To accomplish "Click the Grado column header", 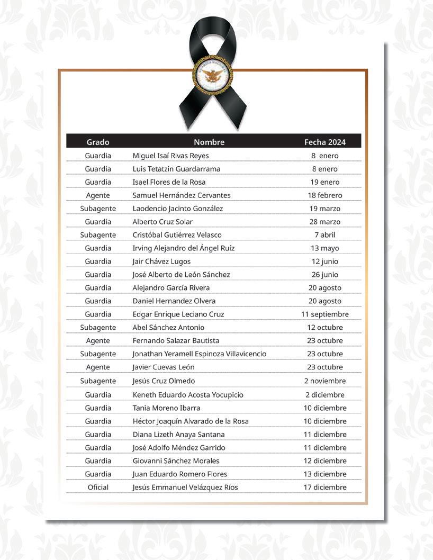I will [x=98, y=142].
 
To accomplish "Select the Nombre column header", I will [x=209, y=142].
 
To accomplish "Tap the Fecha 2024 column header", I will [x=325, y=142].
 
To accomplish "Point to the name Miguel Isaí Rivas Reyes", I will [x=170, y=156].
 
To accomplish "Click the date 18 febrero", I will [x=325, y=195].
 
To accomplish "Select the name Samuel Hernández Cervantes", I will [x=181, y=195].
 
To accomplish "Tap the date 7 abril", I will [x=325, y=235].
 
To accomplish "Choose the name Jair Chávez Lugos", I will [x=161, y=261].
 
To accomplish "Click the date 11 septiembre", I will [x=325, y=314].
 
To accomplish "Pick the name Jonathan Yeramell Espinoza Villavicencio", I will [x=199, y=354].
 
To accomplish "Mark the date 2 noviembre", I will [x=325, y=381].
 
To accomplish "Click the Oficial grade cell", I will [x=98, y=487].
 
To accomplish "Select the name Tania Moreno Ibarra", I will [x=166, y=408].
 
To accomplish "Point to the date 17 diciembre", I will [x=325, y=487].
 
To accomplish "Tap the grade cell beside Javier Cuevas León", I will [x=98, y=367].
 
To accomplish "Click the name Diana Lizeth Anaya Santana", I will [x=178, y=435].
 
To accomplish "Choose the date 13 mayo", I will [x=325, y=248].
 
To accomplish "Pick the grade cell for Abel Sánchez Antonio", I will [x=98, y=328].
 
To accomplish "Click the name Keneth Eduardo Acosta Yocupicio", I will [x=188, y=395].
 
